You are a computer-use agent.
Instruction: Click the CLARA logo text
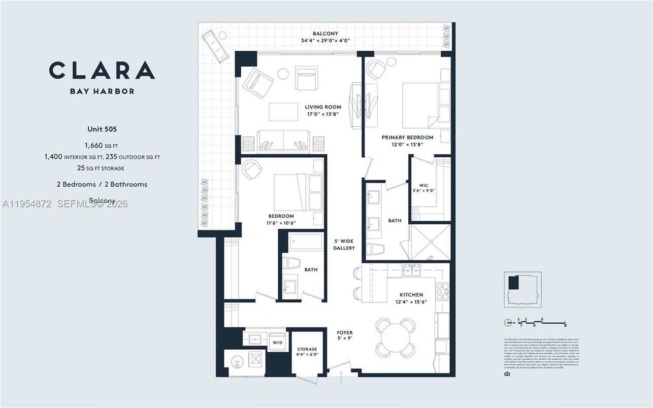[x=102, y=70]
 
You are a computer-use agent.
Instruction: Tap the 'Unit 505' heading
[x=102, y=129]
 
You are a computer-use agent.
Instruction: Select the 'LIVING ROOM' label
[x=323, y=107]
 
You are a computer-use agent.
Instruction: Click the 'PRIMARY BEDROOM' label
[x=408, y=138]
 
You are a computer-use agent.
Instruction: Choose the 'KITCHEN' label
[x=411, y=295]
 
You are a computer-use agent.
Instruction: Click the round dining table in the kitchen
[x=395, y=335]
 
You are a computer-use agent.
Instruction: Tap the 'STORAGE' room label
[x=307, y=349]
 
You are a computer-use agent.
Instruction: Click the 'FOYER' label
[x=345, y=332]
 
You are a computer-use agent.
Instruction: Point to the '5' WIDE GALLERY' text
[x=344, y=244]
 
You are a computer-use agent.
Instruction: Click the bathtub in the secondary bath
[x=306, y=242]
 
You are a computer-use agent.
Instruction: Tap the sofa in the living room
[x=283, y=142]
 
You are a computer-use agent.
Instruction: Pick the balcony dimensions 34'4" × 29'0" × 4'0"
[x=325, y=41]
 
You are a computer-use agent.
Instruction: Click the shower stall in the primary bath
[x=430, y=242]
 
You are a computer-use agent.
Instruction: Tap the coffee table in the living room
[x=283, y=112]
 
